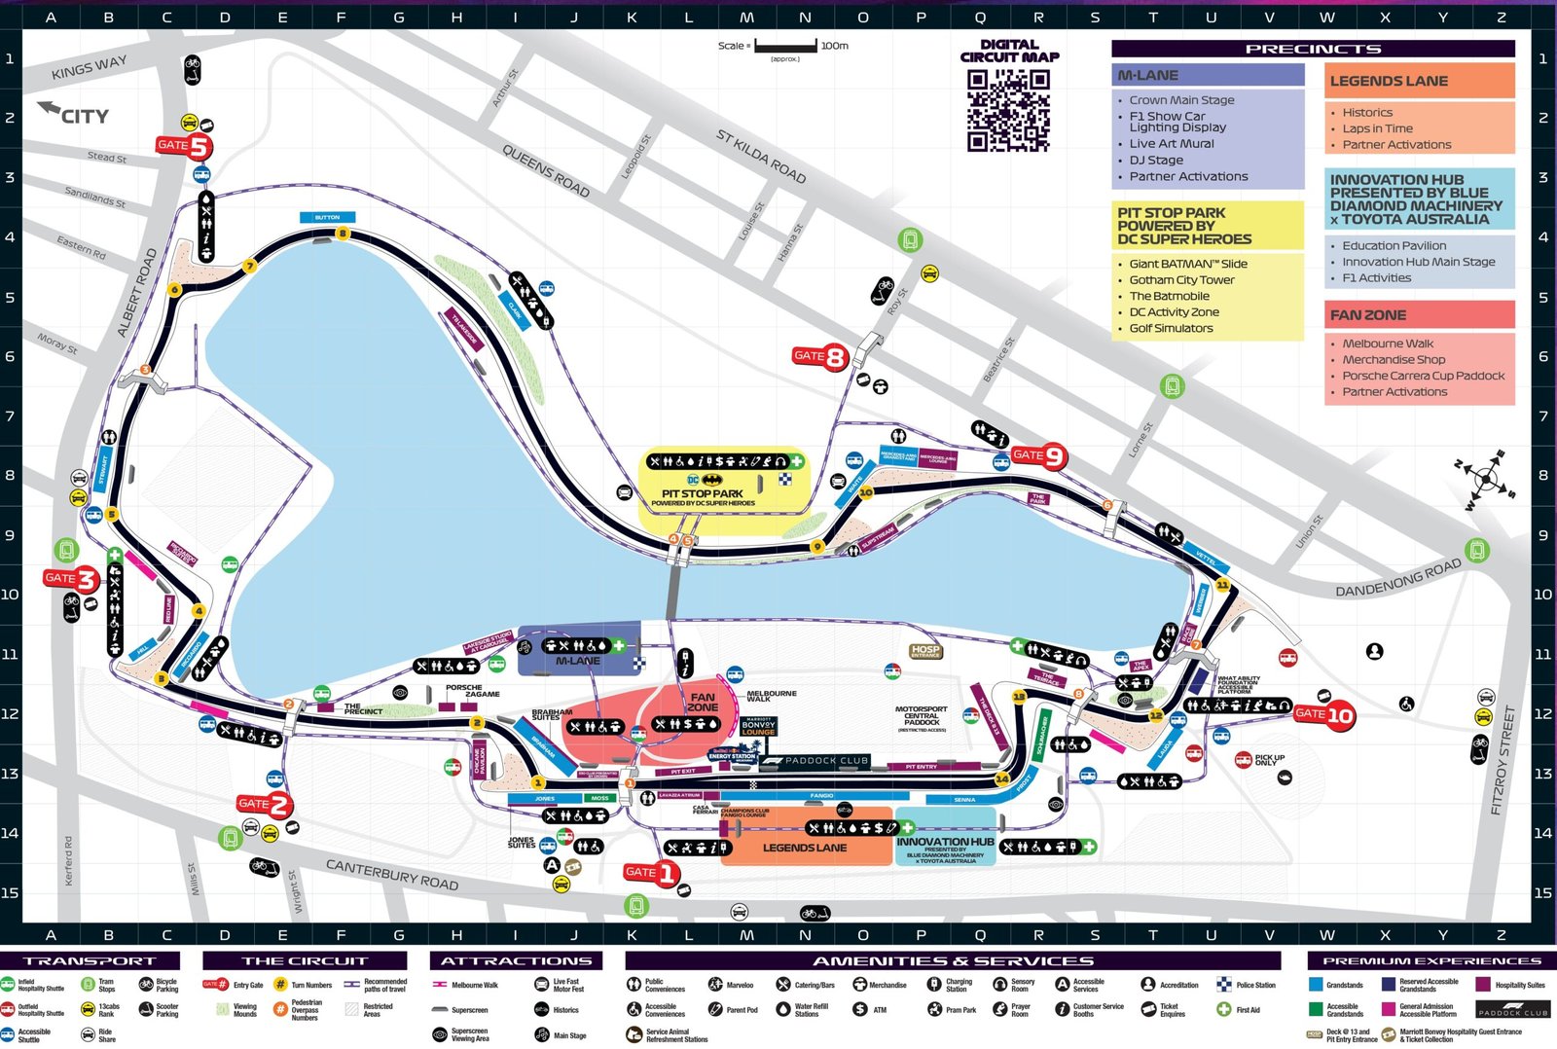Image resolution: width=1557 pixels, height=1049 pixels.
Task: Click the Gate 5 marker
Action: (184, 146)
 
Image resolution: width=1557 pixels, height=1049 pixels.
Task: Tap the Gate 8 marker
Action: (820, 356)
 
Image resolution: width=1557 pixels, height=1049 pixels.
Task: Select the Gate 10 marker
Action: (1324, 715)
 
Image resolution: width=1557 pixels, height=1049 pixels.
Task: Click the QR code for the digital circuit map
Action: (1008, 110)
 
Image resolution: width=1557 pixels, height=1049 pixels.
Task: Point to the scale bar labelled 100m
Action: (785, 46)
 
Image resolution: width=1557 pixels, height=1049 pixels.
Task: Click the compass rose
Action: (1486, 478)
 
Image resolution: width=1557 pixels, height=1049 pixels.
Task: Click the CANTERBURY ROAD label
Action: (391, 874)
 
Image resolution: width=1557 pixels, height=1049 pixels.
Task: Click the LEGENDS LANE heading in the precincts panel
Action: (1389, 82)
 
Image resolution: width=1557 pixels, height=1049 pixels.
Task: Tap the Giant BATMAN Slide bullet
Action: (1187, 264)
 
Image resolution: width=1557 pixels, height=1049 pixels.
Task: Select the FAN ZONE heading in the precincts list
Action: (1367, 315)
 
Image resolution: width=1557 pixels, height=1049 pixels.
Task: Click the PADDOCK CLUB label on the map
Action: (825, 761)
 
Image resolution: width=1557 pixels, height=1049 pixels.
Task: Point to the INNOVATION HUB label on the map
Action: (945, 842)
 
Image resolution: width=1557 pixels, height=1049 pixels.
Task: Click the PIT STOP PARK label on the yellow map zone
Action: (702, 493)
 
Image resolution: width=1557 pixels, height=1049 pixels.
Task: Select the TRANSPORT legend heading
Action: (90, 961)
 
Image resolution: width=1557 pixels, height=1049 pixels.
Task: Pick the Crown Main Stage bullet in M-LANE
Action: (1181, 100)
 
